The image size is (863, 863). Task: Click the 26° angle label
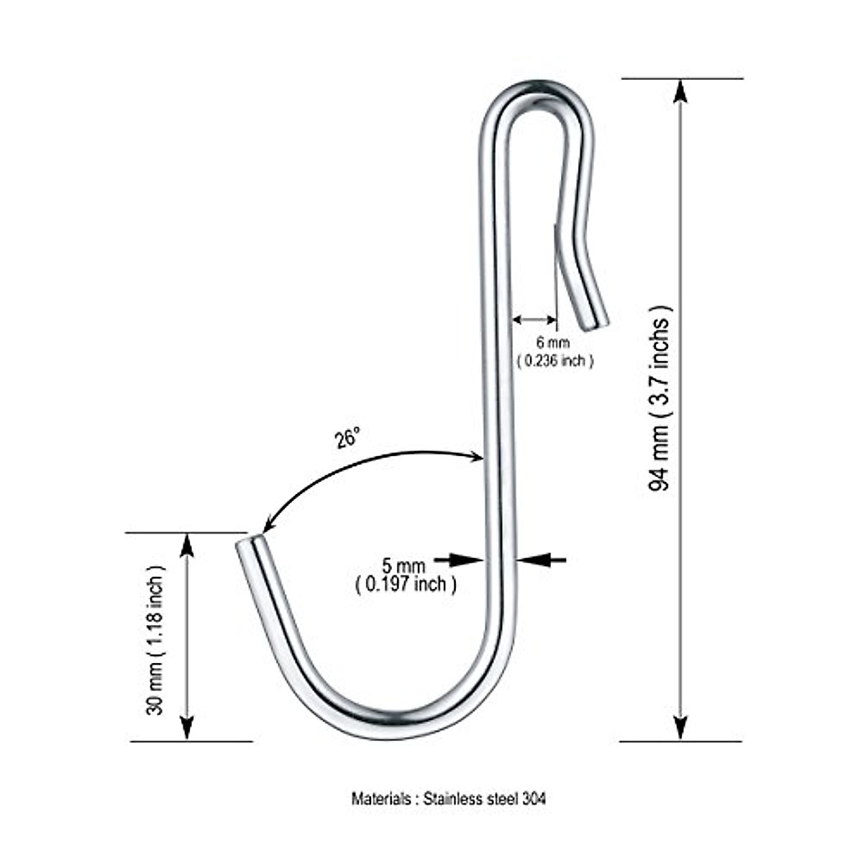(x=347, y=437)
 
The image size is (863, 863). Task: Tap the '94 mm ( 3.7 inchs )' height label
(x=660, y=398)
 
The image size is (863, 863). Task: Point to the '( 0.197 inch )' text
(x=406, y=584)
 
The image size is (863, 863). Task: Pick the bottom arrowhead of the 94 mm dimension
(x=680, y=728)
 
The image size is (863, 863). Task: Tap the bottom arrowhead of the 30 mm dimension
(x=187, y=728)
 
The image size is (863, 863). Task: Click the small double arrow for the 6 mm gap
(x=534, y=319)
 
